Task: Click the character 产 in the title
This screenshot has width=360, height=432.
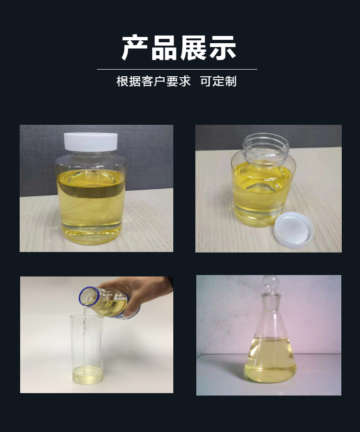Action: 135,48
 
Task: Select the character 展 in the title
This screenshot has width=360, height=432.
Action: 193,48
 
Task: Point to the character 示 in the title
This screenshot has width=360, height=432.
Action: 223,48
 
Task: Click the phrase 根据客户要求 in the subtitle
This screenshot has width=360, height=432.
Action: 154,81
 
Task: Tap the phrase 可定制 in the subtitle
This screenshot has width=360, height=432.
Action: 218,81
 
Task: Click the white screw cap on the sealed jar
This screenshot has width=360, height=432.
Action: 91,142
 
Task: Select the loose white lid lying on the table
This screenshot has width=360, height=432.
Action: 294,230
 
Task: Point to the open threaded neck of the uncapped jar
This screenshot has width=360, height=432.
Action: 266,149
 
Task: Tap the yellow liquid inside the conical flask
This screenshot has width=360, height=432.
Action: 270,360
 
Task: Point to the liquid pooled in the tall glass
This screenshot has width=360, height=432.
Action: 87,375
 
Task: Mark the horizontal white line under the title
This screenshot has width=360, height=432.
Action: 177,69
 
